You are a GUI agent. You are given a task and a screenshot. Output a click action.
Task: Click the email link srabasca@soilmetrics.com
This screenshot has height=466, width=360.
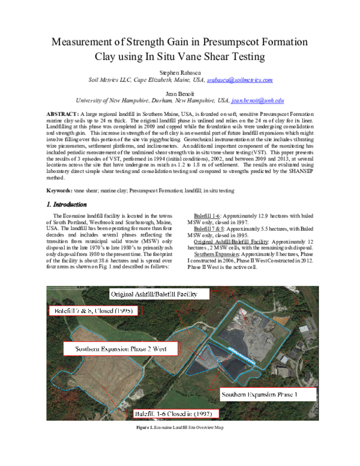(x=240, y=80)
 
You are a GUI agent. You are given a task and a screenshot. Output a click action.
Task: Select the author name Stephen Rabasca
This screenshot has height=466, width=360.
(x=179, y=71)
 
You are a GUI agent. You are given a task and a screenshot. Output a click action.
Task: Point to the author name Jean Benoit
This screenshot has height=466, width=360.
(x=180, y=92)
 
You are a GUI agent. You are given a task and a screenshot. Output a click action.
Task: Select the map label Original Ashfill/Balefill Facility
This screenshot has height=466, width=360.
(x=161, y=294)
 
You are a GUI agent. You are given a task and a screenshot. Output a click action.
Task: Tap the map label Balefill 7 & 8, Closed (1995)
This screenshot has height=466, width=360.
(x=96, y=312)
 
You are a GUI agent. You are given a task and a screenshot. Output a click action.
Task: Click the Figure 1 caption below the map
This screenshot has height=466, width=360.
(x=179, y=427)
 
